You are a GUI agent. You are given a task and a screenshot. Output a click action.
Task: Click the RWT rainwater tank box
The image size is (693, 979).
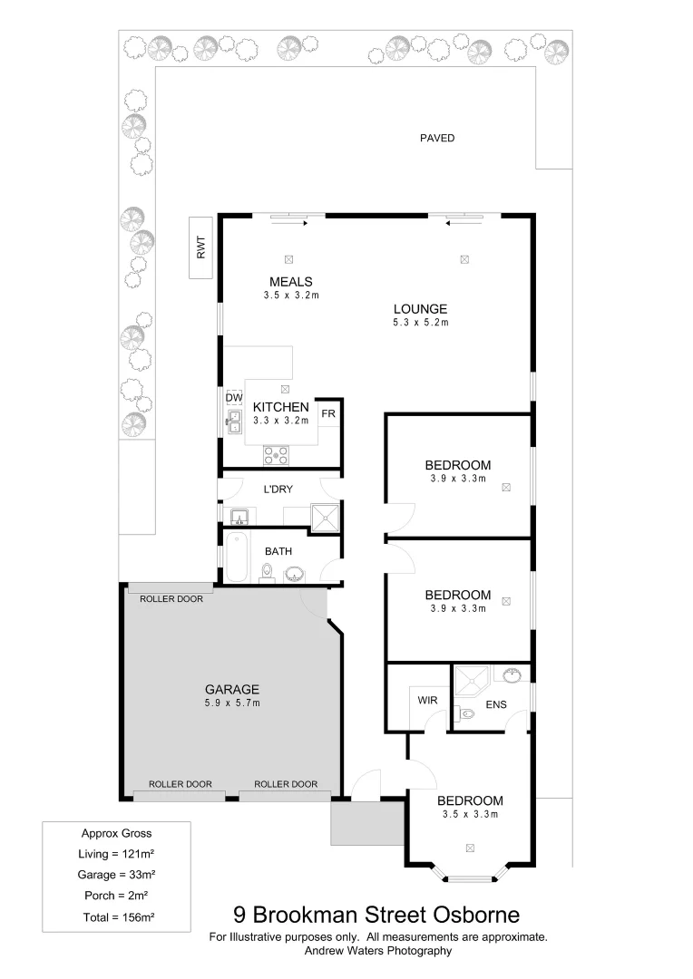(200, 247)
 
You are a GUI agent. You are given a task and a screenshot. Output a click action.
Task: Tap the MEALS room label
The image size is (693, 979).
(290, 281)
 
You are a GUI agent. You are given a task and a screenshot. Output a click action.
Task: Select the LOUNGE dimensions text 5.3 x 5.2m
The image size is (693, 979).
(420, 322)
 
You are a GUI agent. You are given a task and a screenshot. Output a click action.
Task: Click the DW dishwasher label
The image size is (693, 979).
(234, 398)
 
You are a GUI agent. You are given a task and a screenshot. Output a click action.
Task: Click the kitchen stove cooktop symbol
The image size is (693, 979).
(276, 455)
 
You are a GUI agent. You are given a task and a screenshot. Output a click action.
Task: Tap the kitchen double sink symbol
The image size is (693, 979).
(233, 420)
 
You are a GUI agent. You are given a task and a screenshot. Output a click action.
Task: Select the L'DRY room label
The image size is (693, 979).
(278, 489)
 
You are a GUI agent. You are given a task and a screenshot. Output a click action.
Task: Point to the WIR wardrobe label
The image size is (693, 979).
(427, 701)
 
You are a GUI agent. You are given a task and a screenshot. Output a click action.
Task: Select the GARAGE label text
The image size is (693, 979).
(231, 688)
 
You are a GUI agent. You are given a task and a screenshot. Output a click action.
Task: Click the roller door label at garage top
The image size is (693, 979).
(171, 599)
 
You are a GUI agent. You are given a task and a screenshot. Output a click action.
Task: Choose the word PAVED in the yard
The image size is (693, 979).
(436, 139)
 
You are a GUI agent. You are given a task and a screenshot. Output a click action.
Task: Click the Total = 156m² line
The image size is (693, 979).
(116, 917)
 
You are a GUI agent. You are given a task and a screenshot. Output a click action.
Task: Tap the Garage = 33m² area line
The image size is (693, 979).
(116, 875)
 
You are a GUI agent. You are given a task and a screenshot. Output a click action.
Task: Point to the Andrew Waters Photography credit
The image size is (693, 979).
(377, 951)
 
